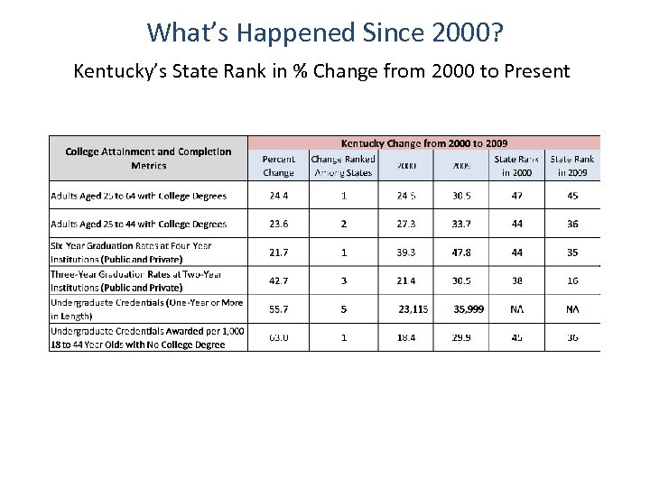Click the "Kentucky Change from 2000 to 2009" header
pos(423,142)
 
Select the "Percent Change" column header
pos(278,165)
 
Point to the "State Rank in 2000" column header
pos(516,165)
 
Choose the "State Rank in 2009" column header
pos(572,165)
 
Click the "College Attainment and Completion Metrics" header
pos(148,158)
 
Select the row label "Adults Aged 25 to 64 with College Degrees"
pos(145,195)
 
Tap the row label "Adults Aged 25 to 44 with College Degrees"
pos(145,224)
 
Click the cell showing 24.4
pos(278,195)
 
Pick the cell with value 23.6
pos(278,224)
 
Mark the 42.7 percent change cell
pos(278,280)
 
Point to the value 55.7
pos(278,308)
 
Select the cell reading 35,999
pos(469,308)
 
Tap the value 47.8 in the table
pos(461,253)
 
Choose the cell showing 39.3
pos(405,253)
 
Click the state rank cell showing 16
pos(572,280)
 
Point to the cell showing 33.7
pos(461,224)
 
